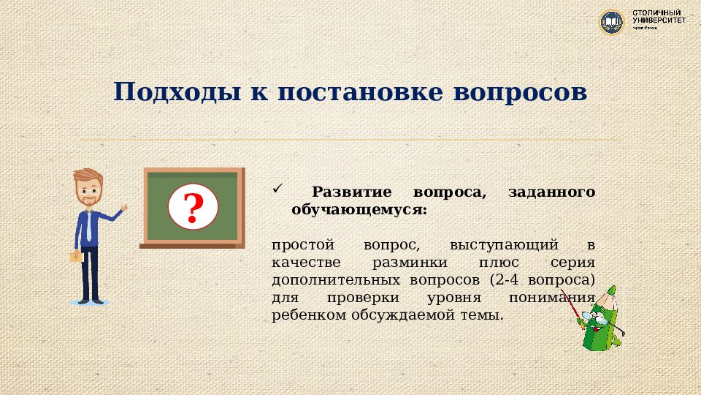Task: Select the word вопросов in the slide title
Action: pos(520,93)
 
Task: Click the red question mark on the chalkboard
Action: pos(194,208)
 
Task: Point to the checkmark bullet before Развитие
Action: pos(276,189)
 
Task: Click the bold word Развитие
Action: pos(352,192)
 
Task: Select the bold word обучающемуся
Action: pos(359,210)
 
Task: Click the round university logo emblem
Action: pos(611,21)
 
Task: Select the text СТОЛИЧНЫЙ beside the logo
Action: pos(658,13)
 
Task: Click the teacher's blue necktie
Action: pos(88,227)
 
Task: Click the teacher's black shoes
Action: pos(90,299)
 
